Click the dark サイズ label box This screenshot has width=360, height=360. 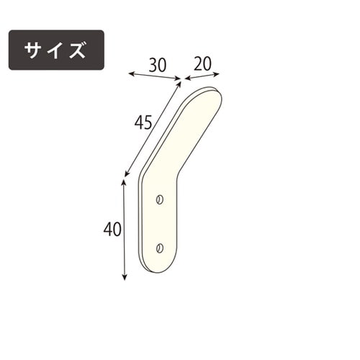click(56, 50)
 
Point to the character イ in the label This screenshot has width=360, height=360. click(56, 50)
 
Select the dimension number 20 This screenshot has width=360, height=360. click(206, 63)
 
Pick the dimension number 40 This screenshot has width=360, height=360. click(112, 230)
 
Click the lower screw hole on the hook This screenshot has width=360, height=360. click(159, 248)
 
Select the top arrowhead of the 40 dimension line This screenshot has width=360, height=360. click(125, 181)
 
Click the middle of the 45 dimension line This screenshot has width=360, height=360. click(153, 128)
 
